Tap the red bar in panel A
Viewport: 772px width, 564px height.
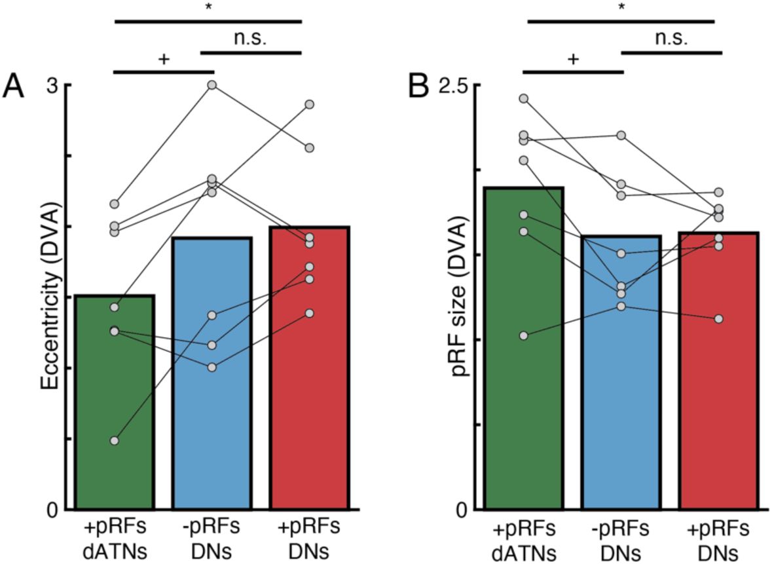click(x=309, y=393)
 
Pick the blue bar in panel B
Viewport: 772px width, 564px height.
click(x=621, y=406)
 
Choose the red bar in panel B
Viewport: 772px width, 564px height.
click(x=718, y=406)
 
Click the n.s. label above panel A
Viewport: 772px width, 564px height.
click(x=251, y=39)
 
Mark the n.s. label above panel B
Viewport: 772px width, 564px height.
click(x=671, y=39)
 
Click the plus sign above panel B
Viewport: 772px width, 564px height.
click(x=573, y=59)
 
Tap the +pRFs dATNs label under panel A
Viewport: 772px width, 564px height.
click(x=114, y=538)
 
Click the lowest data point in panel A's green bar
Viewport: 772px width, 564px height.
click(x=115, y=441)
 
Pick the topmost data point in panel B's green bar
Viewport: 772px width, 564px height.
click(x=524, y=99)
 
